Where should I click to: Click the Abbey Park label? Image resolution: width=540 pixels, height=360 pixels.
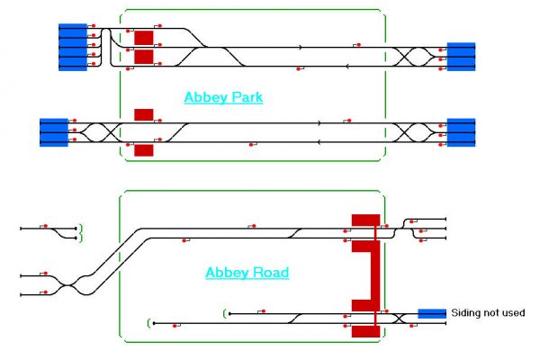pyautogui.click(x=223, y=97)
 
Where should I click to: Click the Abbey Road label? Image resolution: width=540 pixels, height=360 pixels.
pyautogui.click(x=247, y=273)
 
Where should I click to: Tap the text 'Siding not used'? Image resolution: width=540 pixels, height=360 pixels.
pyautogui.click(x=488, y=313)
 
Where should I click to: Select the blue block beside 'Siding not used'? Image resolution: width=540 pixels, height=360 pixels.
pyautogui.click(x=432, y=313)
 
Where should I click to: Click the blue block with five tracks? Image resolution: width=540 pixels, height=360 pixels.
pyautogui.click(x=73, y=47)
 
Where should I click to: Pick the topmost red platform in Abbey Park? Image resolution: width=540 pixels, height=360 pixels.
pyautogui.click(x=144, y=38)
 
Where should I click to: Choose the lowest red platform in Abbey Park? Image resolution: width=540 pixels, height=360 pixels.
pyautogui.click(x=144, y=150)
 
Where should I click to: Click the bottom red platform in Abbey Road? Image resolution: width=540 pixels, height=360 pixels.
pyautogui.click(x=365, y=331)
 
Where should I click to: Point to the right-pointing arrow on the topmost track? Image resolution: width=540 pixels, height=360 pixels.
pyautogui.click(x=301, y=47)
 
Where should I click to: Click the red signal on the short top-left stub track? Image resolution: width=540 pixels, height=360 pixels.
pyautogui.click(x=46, y=226)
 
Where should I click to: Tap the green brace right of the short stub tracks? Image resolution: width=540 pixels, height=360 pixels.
pyautogui.click(x=81, y=233)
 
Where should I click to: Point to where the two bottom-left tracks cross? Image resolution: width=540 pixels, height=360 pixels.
pyautogui.click(x=68, y=285)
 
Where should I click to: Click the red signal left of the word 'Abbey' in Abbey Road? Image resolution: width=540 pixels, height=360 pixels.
pyautogui.click(x=184, y=240)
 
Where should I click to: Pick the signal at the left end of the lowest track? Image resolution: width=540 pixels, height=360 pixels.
pyautogui.click(x=175, y=326)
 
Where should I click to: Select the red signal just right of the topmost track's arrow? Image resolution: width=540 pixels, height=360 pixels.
pyautogui.click(x=358, y=45)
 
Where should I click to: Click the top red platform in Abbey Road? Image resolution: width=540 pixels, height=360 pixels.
pyautogui.click(x=365, y=220)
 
